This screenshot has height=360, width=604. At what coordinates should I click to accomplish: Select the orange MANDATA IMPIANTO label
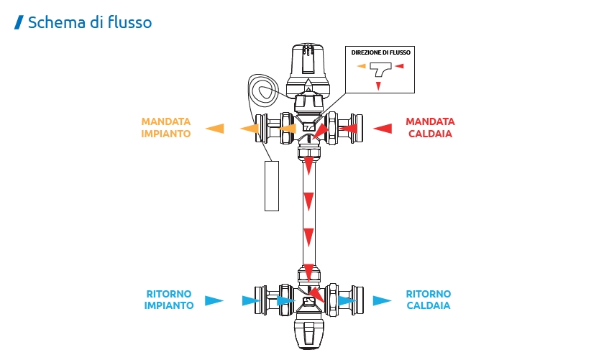tap(166, 128)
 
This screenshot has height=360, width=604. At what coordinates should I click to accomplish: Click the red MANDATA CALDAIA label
tap(429, 128)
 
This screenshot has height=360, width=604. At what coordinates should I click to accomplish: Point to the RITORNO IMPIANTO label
tap(169, 300)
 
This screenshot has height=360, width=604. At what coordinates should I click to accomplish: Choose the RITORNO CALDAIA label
tap(429, 300)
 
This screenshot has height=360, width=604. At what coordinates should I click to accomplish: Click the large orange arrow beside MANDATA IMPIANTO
tap(214, 129)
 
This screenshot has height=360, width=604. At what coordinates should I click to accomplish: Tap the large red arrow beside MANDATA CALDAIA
tap(382, 129)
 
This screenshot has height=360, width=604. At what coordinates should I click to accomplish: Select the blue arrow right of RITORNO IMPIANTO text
tap(214, 300)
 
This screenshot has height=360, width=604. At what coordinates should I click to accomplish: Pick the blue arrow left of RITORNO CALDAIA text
tap(382, 300)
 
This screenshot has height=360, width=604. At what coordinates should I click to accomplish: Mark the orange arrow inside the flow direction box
tap(361, 67)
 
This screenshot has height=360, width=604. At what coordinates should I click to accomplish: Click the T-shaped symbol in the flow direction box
tap(380, 70)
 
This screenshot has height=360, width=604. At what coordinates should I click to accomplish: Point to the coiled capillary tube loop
tap(263, 89)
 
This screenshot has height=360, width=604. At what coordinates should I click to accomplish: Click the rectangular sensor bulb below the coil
tap(271, 185)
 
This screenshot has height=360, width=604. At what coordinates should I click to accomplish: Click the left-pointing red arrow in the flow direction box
tap(400, 67)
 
